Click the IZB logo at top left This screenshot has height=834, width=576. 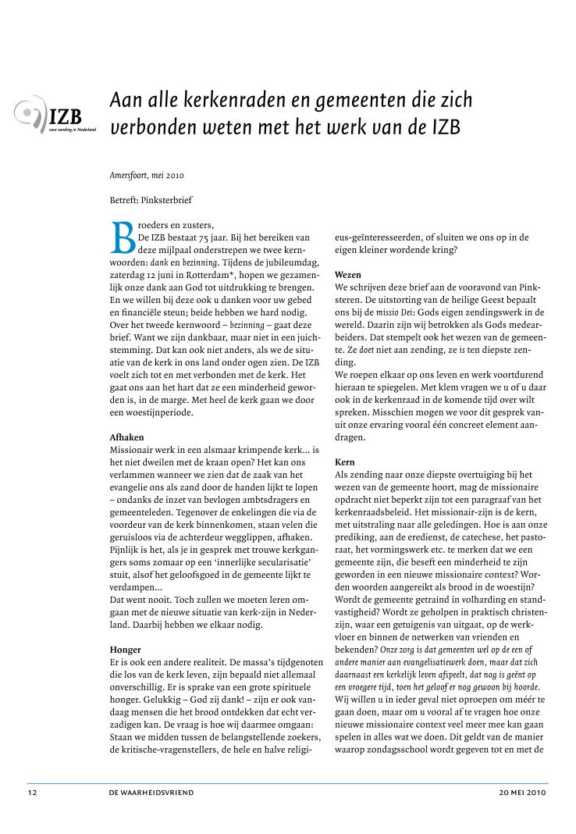(x=55, y=118)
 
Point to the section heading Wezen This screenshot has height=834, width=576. (x=349, y=275)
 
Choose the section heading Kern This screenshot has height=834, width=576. (x=345, y=462)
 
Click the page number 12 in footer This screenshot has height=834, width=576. (x=32, y=792)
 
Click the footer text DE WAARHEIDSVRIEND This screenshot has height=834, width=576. (x=151, y=792)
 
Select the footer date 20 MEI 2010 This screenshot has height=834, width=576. (x=523, y=792)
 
